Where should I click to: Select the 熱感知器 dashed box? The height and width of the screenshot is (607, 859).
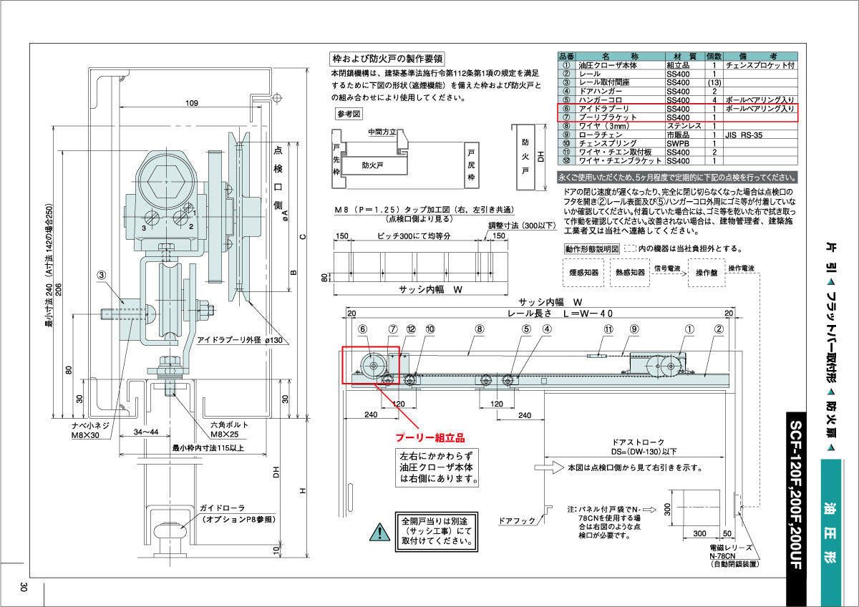click(x=628, y=273)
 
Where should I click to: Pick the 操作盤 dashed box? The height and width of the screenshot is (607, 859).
click(x=706, y=273)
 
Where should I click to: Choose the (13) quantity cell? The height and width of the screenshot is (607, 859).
click(x=714, y=82)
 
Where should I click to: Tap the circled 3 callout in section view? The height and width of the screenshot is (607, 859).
click(x=102, y=274)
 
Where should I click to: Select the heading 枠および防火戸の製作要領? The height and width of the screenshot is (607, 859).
click(x=387, y=59)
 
